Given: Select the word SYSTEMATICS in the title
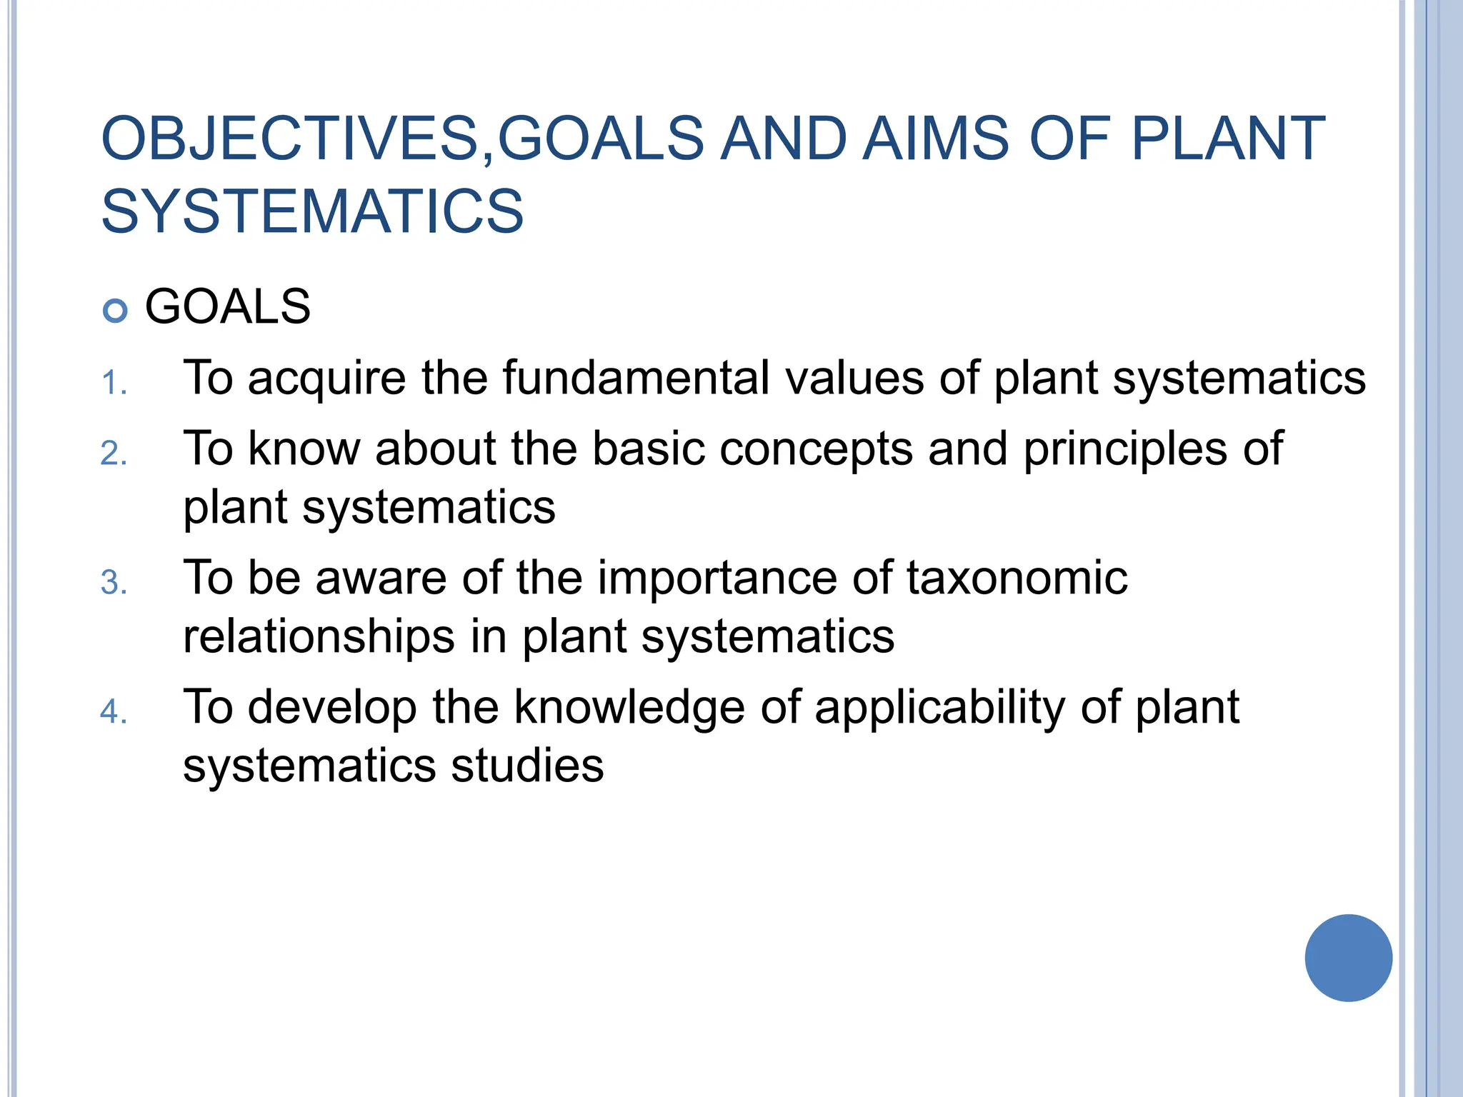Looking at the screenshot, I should click(312, 211).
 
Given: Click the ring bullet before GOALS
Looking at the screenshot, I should click(115, 311).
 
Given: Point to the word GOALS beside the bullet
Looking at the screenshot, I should click(227, 307).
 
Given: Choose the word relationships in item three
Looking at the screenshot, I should click(319, 637).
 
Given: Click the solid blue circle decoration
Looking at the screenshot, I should click(1348, 958).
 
